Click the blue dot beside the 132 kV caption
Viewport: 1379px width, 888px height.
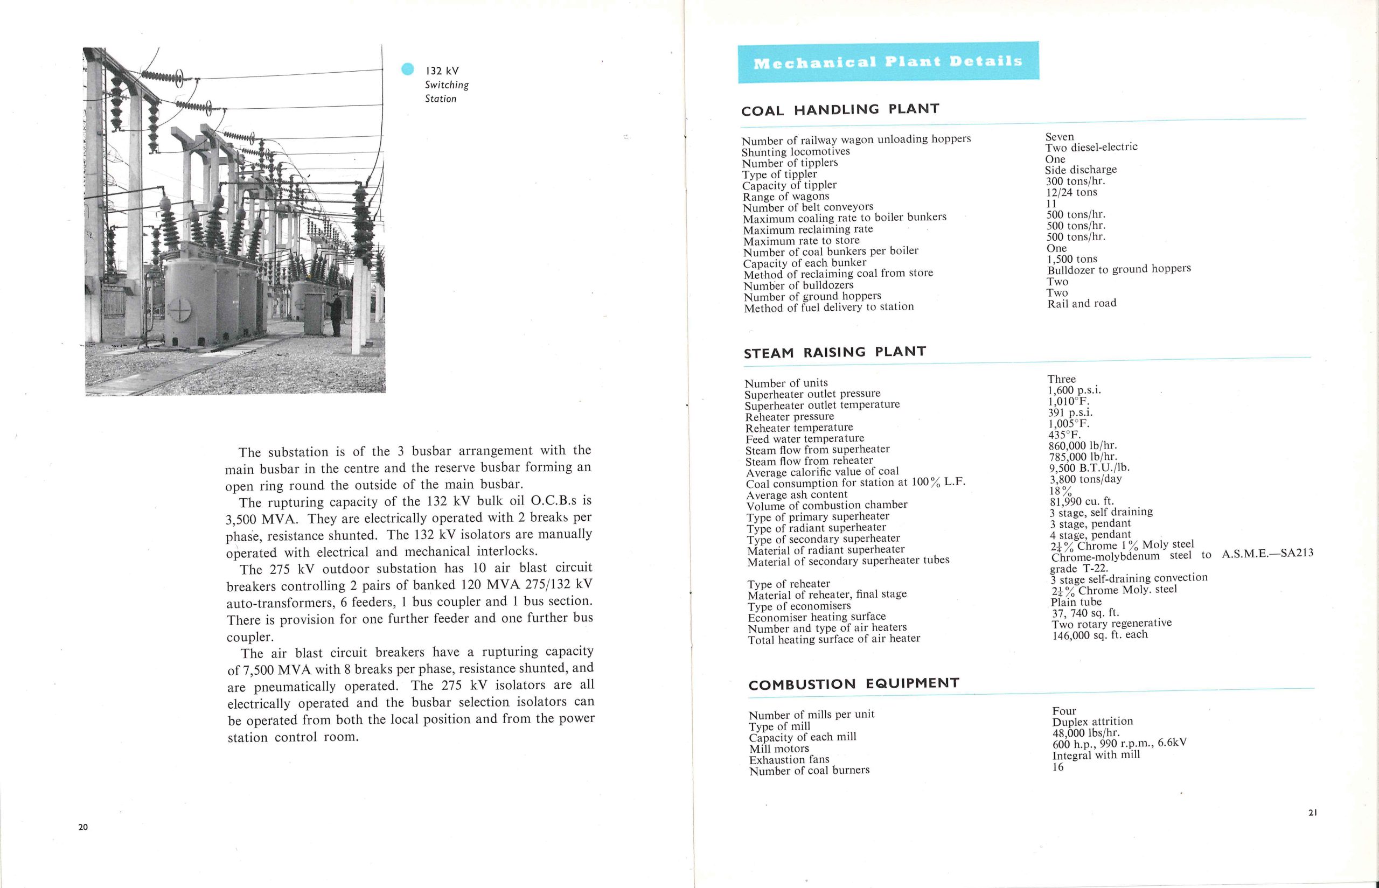point(407,69)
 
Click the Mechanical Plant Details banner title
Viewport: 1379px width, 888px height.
point(888,62)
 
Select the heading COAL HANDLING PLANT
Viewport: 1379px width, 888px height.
point(840,109)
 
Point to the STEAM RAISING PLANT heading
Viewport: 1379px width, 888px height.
point(834,352)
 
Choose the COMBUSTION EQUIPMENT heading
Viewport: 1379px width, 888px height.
point(854,684)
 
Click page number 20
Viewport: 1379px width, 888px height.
point(83,827)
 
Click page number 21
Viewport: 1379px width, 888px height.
point(1313,813)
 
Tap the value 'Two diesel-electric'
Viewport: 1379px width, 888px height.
point(1091,148)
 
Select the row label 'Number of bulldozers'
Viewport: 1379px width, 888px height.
point(798,286)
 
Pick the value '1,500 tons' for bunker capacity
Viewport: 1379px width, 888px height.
point(1072,259)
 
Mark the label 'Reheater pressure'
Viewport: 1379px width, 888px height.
point(790,417)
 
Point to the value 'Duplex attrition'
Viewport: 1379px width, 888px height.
point(1092,722)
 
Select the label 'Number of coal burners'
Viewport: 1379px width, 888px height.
point(809,771)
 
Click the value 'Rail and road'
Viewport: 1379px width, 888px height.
point(1082,303)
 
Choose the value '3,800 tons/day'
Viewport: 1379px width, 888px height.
point(1085,479)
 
